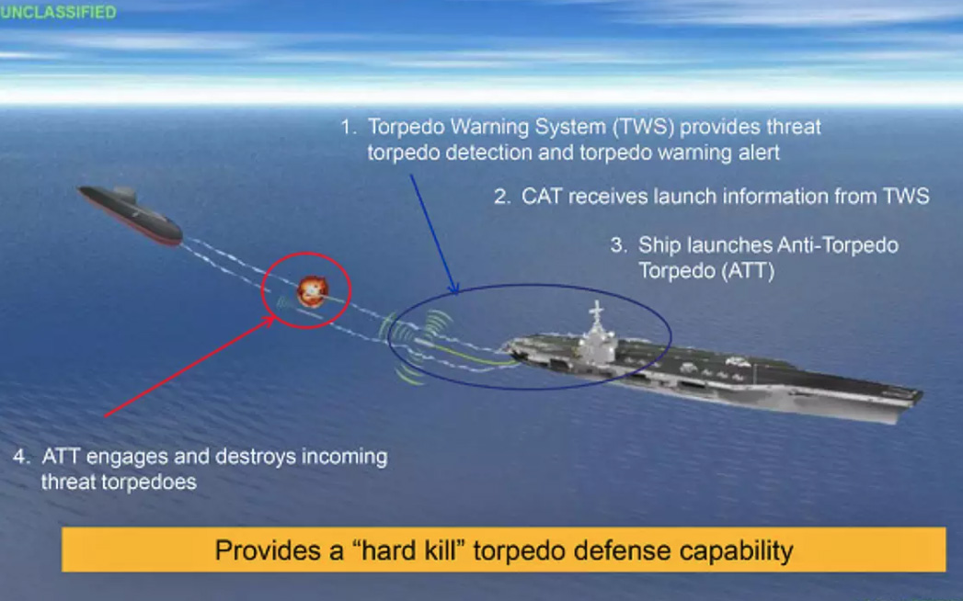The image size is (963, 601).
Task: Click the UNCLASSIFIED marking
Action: [58, 12]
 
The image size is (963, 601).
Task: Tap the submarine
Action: [131, 215]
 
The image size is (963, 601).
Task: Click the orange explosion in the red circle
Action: [313, 291]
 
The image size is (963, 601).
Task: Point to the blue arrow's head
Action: [453, 288]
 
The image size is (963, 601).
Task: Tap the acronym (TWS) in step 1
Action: [643, 127]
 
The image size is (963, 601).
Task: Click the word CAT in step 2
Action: [542, 197]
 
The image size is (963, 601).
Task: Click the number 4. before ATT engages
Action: [21, 457]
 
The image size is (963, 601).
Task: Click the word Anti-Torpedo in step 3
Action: [838, 245]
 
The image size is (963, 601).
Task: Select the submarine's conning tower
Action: [125, 195]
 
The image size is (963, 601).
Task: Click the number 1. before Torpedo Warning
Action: [349, 127]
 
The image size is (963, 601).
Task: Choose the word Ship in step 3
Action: [659, 246]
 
